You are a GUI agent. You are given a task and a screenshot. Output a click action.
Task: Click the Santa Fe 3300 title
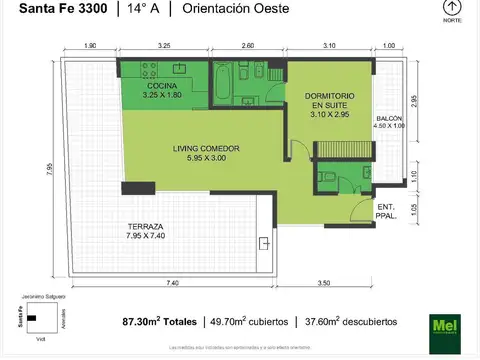(57, 10)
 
